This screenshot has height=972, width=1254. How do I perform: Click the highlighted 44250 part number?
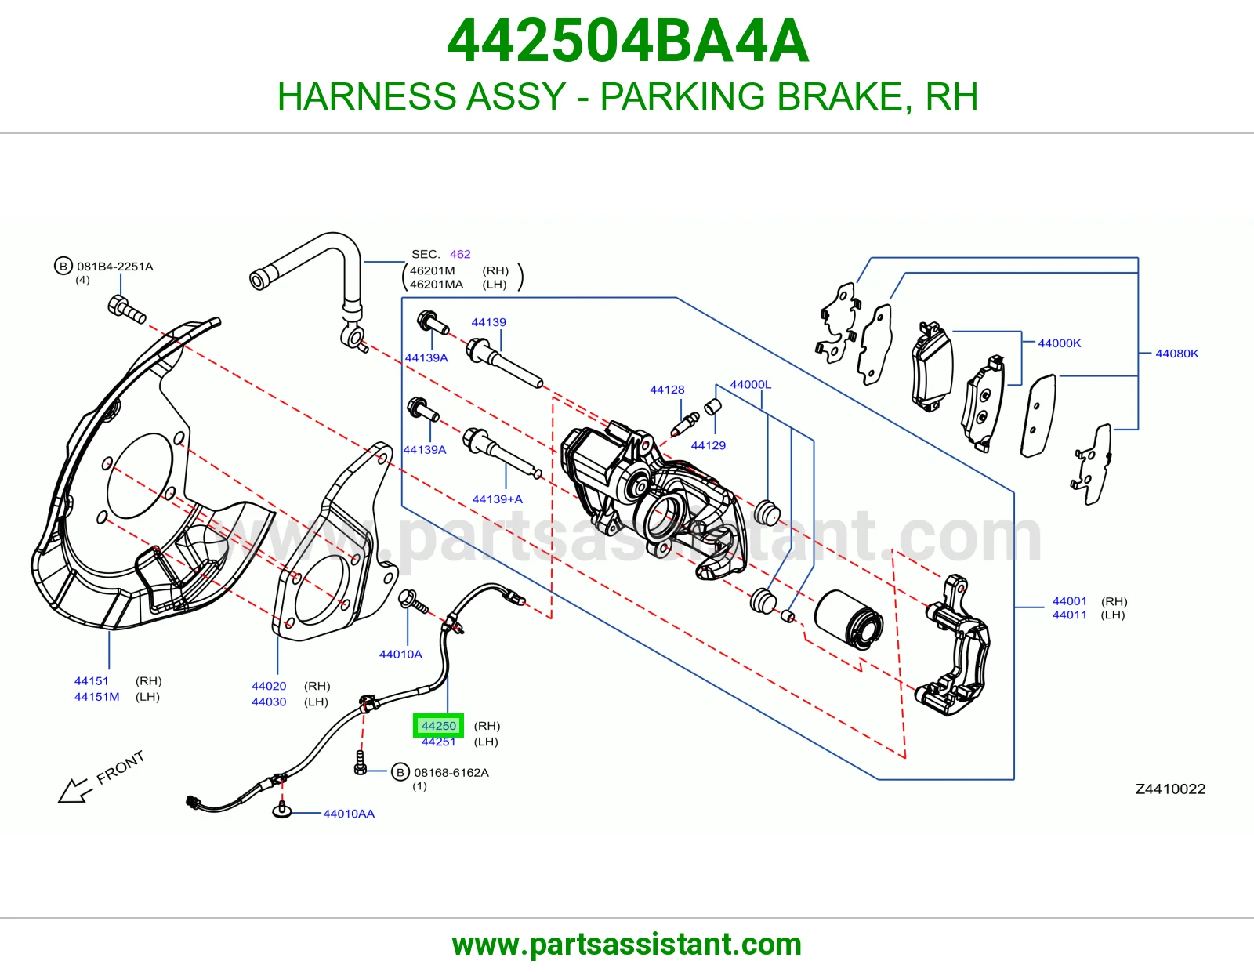pyautogui.click(x=438, y=726)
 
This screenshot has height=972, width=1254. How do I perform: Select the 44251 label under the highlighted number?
pyautogui.click(x=438, y=742)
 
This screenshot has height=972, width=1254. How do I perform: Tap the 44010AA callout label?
pyautogui.click(x=349, y=814)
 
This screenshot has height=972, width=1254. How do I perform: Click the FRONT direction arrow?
pyautogui.click(x=71, y=790)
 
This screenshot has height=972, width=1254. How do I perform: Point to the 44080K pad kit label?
pyautogui.click(x=1176, y=354)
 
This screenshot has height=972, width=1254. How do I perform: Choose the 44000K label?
pyautogui.click(x=1060, y=343)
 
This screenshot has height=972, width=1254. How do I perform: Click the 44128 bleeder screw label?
pyautogui.click(x=667, y=390)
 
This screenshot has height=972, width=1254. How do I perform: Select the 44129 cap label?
pyautogui.click(x=708, y=445)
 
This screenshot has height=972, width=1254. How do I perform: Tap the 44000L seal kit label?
pyautogui.click(x=750, y=384)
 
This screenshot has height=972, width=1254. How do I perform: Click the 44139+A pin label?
pyautogui.click(x=498, y=499)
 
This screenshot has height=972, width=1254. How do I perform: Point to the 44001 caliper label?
pyautogui.click(x=1069, y=601)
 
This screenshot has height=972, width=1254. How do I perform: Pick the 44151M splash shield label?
pyautogui.click(x=96, y=697)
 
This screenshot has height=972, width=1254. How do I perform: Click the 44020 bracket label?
pyautogui.click(x=269, y=686)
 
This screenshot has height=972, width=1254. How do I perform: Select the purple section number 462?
pyautogui.click(x=460, y=254)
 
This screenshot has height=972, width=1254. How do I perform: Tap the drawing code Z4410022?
pyautogui.click(x=1170, y=789)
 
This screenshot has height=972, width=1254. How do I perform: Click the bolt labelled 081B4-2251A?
pyautogui.click(x=126, y=309)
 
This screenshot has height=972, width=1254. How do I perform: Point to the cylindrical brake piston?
pyautogui.click(x=848, y=619)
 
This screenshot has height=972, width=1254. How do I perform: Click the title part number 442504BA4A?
pyautogui.click(x=628, y=41)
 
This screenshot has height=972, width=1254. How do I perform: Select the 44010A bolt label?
pyautogui.click(x=400, y=654)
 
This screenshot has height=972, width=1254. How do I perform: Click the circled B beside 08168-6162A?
pyautogui.click(x=400, y=772)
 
